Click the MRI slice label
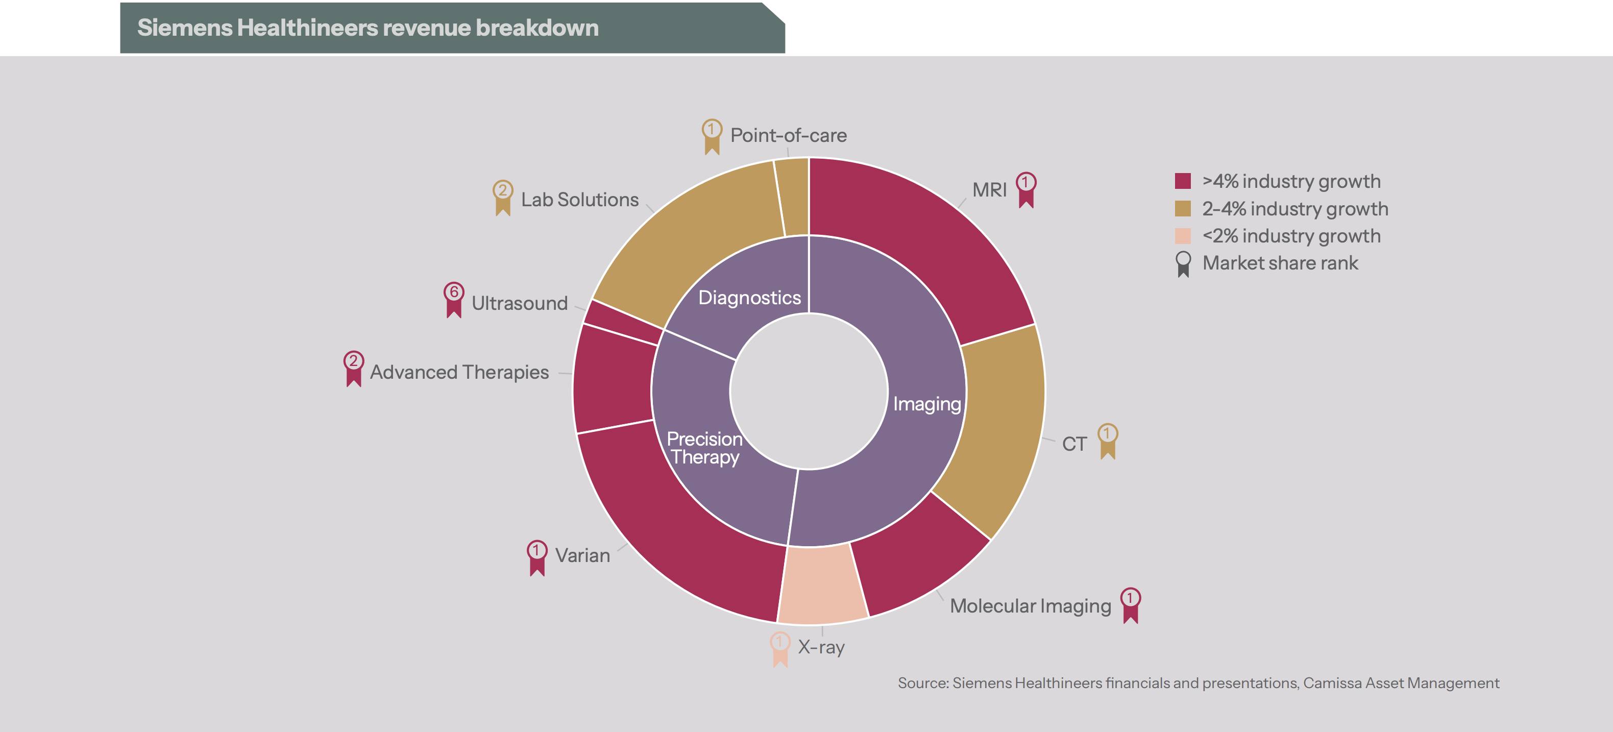(x=989, y=190)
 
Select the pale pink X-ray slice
(x=822, y=585)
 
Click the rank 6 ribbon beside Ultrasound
(x=454, y=299)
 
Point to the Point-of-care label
(x=788, y=135)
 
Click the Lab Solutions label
(x=579, y=200)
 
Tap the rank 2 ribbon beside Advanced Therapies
(x=354, y=368)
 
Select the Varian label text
(x=582, y=555)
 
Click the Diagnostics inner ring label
(x=749, y=298)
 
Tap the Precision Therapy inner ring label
(x=704, y=448)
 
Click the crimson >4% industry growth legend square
(x=1182, y=181)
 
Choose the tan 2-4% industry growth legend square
(x=1182, y=208)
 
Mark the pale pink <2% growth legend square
(x=1182, y=236)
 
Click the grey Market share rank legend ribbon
(x=1183, y=263)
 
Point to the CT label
(x=1074, y=444)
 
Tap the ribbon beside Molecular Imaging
(x=1130, y=605)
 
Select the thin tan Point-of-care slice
(x=792, y=197)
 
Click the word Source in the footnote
(x=922, y=683)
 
